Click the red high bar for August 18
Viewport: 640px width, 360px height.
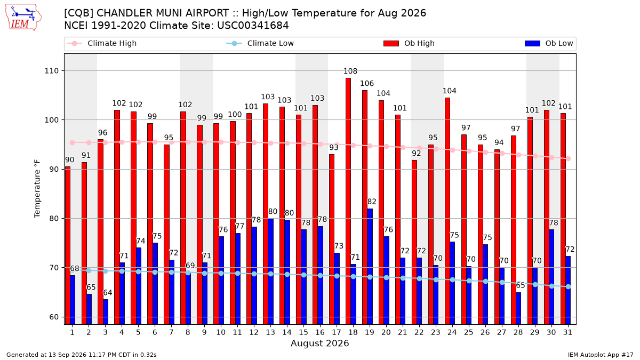[x=348, y=201]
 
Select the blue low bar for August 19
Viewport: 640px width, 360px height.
[x=370, y=267]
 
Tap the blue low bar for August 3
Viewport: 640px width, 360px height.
[x=106, y=311]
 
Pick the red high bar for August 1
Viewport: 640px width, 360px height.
[x=67, y=245]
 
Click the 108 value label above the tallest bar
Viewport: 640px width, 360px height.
[x=350, y=71]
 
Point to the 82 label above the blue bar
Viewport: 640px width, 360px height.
[x=372, y=202]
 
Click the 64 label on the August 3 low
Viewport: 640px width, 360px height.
[x=107, y=293]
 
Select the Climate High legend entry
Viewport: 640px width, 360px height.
[x=102, y=43]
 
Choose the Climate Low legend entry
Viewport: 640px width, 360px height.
[x=260, y=43]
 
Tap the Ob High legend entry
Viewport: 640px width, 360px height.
[x=409, y=43]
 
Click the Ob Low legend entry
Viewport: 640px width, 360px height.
[x=549, y=43]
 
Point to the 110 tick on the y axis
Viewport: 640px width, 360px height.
[x=51, y=71]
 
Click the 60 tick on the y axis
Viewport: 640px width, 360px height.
[x=54, y=317]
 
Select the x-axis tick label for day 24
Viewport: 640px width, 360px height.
[x=452, y=333]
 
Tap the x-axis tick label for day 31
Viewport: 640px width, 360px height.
[x=567, y=333]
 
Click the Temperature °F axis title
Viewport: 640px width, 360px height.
[x=37, y=189]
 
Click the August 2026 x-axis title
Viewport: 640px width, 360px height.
[x=320, y=343]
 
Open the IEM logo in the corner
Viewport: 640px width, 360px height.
[x=23, y=18]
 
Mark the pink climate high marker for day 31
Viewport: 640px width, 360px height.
[x=569, y=159]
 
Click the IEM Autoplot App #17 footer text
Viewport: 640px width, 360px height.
[x=601, y=355]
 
